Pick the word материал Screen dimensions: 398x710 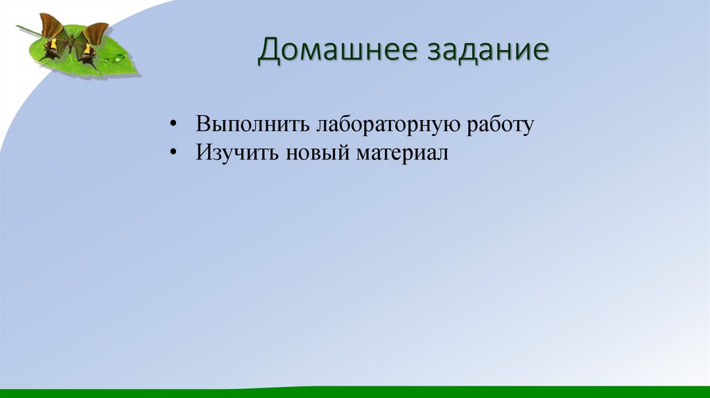click(x=404, y=152)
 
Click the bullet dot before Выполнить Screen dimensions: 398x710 click(x=173, y=125)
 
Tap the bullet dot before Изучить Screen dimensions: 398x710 click(x=173, y=153)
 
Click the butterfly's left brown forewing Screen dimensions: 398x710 click(x=52, y=26)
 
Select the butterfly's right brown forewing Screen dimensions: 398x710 click(x=95, y=33)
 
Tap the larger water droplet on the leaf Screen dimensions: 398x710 click(x=119, y=58)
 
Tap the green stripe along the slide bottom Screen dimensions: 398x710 click(x=355, y=393)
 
